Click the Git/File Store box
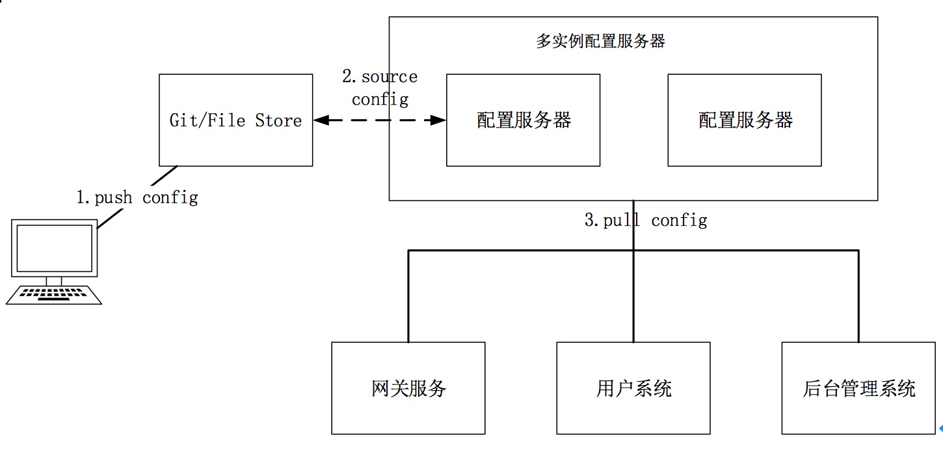coord(235,120)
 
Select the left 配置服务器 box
coord(523,120)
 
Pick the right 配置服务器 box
coord(744,120)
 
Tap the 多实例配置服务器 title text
coord(600,42)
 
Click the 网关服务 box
coord(408,388)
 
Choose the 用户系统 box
coord(633,388)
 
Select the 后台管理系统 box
coord(858,388)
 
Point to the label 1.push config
coord(137,197)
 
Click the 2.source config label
coord(380,88)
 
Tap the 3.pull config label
coord(645,220)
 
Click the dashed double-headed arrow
coord(380,120)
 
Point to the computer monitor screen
coord(54,248)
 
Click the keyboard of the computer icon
coord(55,295)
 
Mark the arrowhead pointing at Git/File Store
coord(319,120)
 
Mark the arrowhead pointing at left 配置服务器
coord(440,120)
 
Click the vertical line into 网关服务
coord(408,296)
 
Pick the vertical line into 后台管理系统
coord(858,296)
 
